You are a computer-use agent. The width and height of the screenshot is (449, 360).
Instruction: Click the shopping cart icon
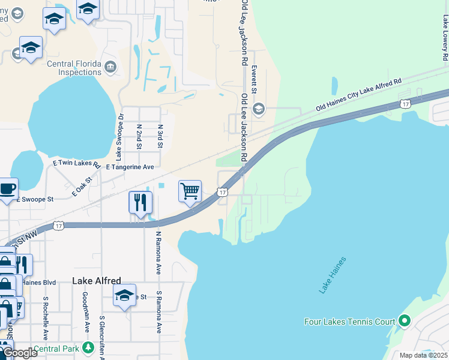(x=190, y=191)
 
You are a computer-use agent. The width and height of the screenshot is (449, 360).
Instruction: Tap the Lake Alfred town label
(x=97, y=280)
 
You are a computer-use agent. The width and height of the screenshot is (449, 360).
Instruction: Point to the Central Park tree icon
(x=88, y=348)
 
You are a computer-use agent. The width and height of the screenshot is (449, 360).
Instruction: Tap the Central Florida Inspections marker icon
(x=110, y=66)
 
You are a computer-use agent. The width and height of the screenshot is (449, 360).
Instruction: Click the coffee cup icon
(x=8, y=188)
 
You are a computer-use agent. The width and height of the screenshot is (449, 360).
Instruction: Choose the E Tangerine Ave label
(x=130, y=167)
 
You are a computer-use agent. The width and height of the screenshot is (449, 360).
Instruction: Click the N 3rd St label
(x=160, y=136)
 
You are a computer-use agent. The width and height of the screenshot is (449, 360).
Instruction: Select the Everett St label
(x=254, y=79)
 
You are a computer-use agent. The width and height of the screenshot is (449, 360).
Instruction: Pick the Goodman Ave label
(x=86, y=313)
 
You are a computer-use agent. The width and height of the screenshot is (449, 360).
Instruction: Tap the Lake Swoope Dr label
(x=119, y=137)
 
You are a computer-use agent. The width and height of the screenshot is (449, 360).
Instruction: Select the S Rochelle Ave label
(x=46, y=318)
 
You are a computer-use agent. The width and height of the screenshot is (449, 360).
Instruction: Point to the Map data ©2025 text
(x=423, y=355)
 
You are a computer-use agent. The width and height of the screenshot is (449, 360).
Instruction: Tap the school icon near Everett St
(x=259, y=109)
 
